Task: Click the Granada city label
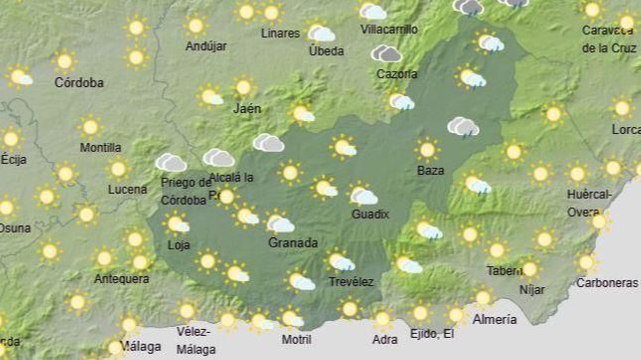293,243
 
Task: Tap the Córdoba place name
79,83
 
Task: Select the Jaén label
247,108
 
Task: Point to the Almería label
494,319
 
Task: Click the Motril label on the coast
296,340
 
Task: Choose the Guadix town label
370,214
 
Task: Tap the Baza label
430,170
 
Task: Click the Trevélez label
351,282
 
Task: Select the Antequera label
121,279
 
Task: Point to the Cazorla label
397,74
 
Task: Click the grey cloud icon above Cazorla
386,53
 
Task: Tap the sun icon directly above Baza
427,150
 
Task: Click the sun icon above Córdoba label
65,62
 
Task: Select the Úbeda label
326,51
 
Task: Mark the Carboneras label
607,283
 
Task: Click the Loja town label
179,245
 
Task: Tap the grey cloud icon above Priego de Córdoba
171,162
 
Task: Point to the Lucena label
127,189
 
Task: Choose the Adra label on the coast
385,340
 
